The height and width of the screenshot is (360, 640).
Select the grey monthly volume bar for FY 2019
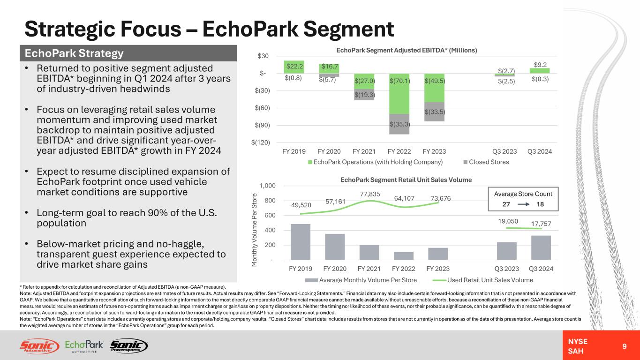coord(301,241)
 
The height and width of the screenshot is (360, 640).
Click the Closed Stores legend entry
coord(486,162)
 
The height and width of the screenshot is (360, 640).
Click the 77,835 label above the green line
coord(370,194)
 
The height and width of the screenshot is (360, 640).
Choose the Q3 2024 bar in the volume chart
coord(541,247)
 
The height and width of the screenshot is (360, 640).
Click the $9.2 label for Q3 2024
coord(540,65)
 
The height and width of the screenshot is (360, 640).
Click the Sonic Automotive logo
coord(39,346)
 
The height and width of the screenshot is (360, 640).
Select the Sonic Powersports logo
coord(128,346)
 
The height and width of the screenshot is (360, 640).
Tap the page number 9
coord(624,346)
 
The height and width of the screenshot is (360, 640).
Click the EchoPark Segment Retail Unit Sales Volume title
coord(406,180)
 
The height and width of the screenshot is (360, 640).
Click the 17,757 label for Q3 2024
coord(542,224)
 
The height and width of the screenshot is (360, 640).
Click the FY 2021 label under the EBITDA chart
coord(364,151)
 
